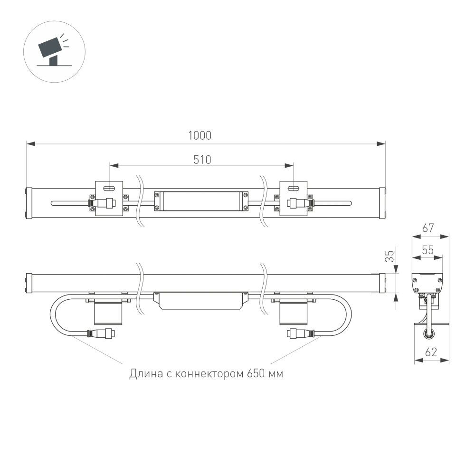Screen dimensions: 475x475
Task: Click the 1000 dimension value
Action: point(199,135)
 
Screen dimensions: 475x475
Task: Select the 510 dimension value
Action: point(202,160)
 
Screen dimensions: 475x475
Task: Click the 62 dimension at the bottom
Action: point(430,353)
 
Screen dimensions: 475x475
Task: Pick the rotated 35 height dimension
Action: point(389,256)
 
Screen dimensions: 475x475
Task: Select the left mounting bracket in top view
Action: point(109,199)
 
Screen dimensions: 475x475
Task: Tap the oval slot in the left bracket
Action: point(109,188)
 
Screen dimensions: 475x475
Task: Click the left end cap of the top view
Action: point(28,203)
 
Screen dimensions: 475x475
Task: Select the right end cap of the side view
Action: point(382,284)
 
